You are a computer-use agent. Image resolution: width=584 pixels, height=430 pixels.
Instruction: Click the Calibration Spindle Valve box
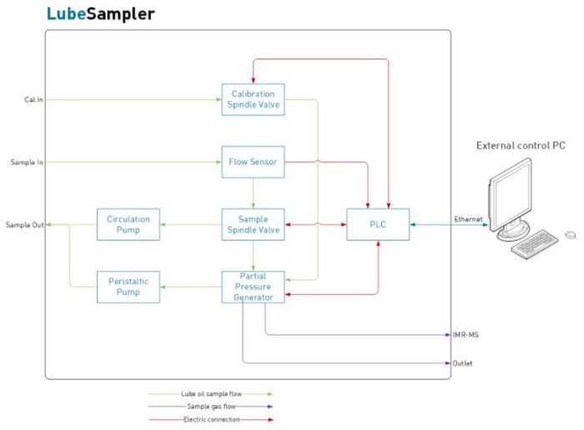coord(253,99)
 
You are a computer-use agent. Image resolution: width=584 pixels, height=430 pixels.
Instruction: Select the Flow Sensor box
coord(253,162)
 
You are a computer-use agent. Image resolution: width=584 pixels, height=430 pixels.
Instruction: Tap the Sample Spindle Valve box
coord(253,225)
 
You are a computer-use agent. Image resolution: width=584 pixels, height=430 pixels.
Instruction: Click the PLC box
coord(378,225)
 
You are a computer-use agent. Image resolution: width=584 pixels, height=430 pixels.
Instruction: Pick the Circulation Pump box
coord(128,225)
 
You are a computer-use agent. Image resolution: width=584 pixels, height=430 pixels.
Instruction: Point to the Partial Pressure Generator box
coord(253,287)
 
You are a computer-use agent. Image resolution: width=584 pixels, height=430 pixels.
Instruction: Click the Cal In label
coord(33,99)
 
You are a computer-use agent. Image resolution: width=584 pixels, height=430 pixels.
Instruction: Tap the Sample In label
coord(27,162)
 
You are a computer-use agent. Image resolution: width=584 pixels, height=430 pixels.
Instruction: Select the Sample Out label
coord(25,225)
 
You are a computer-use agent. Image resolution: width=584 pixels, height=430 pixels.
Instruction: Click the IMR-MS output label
coord(466,335)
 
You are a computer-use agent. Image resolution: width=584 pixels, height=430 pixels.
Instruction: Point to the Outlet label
coord(462,363)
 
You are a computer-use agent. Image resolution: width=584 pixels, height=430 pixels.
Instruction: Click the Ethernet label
coord(467,219)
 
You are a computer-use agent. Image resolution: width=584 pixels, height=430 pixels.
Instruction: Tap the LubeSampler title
coord(100,14)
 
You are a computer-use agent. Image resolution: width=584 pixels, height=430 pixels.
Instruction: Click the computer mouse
coord(570,235)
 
